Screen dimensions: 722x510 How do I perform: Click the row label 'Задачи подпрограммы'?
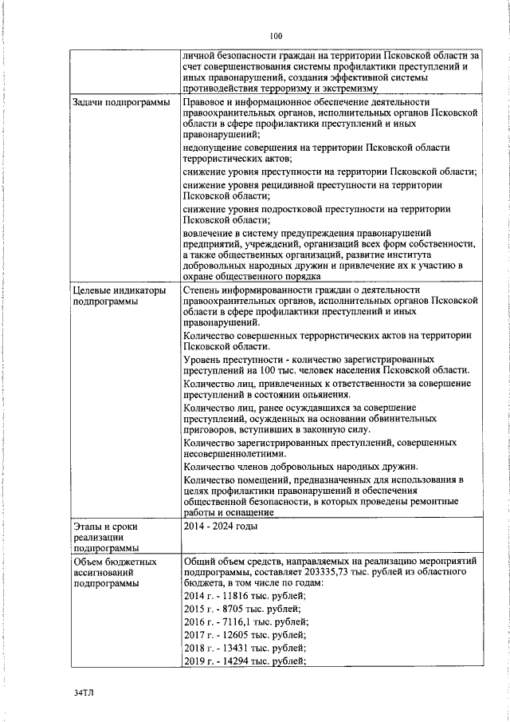point(121,104)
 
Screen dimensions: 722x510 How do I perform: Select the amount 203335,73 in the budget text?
point(339,573)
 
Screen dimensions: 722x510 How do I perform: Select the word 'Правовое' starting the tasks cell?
point(205,104)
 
